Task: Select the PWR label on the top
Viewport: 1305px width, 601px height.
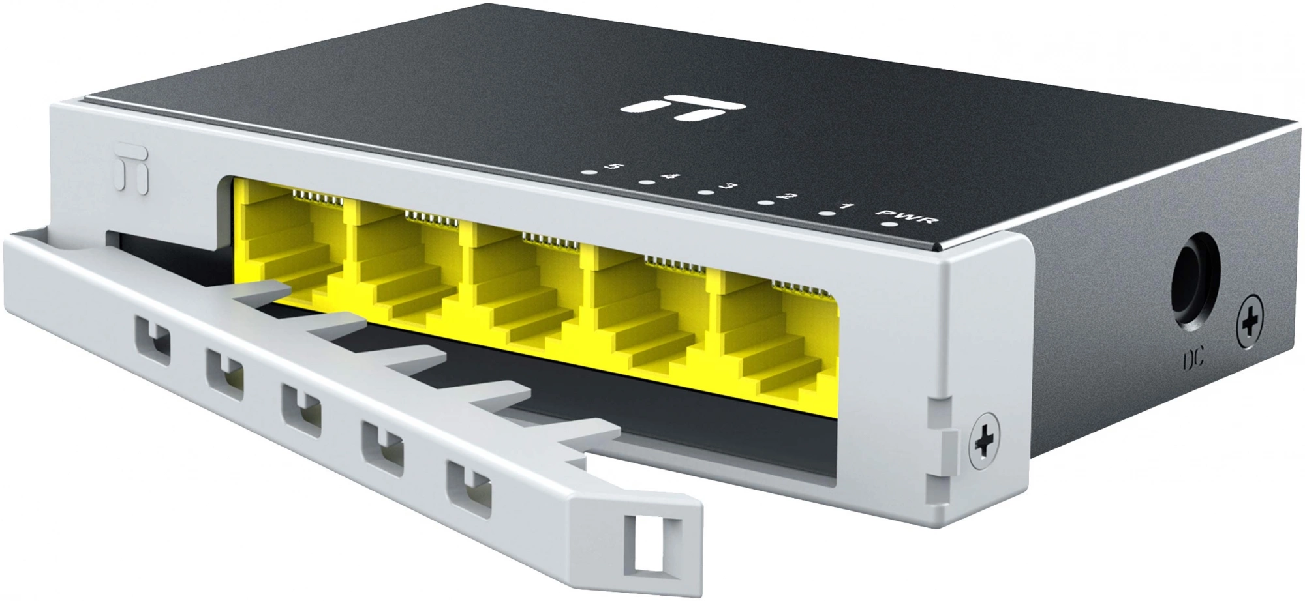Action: [908, 216]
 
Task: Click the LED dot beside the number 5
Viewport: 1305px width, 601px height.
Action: [589, 173]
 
